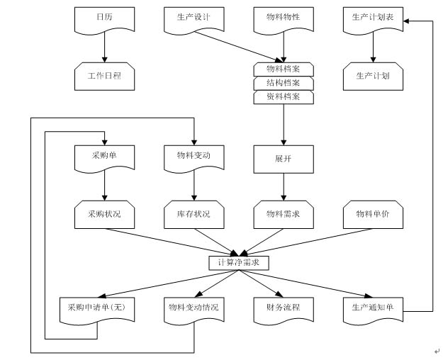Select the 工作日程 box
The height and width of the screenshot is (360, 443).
[104, 75]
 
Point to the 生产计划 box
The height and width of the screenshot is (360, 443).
[373, 75]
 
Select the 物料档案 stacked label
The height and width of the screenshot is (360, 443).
[284, 69]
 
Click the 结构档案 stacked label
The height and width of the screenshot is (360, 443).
[284, 84]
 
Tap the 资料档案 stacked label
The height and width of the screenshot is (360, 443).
[284, 98]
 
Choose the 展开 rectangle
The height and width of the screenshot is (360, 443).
[284, 159]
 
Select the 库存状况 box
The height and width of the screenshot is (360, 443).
[194, 214]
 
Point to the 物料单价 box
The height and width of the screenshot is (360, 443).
[373, 214]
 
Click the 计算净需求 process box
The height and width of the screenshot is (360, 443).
[239, 263]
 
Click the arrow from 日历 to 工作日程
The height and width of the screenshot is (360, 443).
[104, 48]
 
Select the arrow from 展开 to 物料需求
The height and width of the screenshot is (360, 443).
[284, 187]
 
